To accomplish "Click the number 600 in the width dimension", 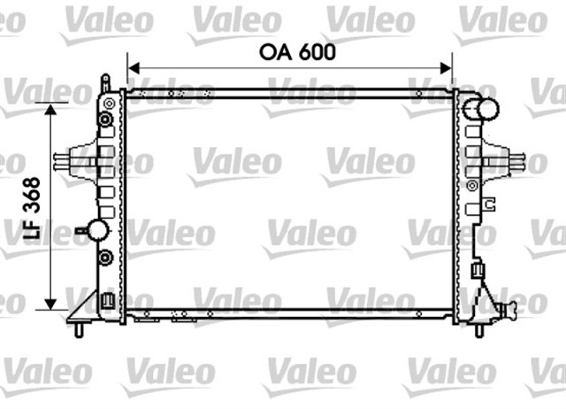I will (317, 51).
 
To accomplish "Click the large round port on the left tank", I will (96, 231).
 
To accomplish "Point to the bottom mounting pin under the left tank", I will (80, 329).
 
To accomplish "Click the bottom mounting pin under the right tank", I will (479, 329).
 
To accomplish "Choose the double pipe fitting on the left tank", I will (64, 161).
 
